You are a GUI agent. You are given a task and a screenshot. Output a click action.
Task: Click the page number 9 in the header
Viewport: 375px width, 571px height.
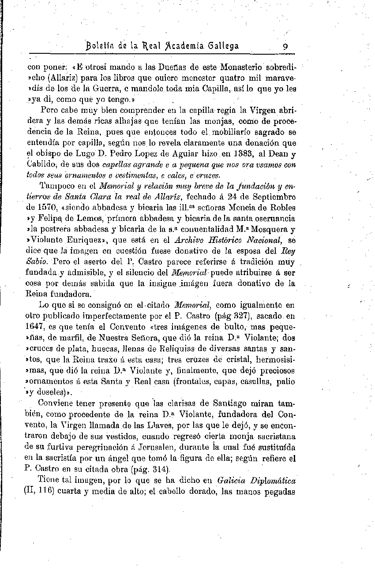pos(286,46)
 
